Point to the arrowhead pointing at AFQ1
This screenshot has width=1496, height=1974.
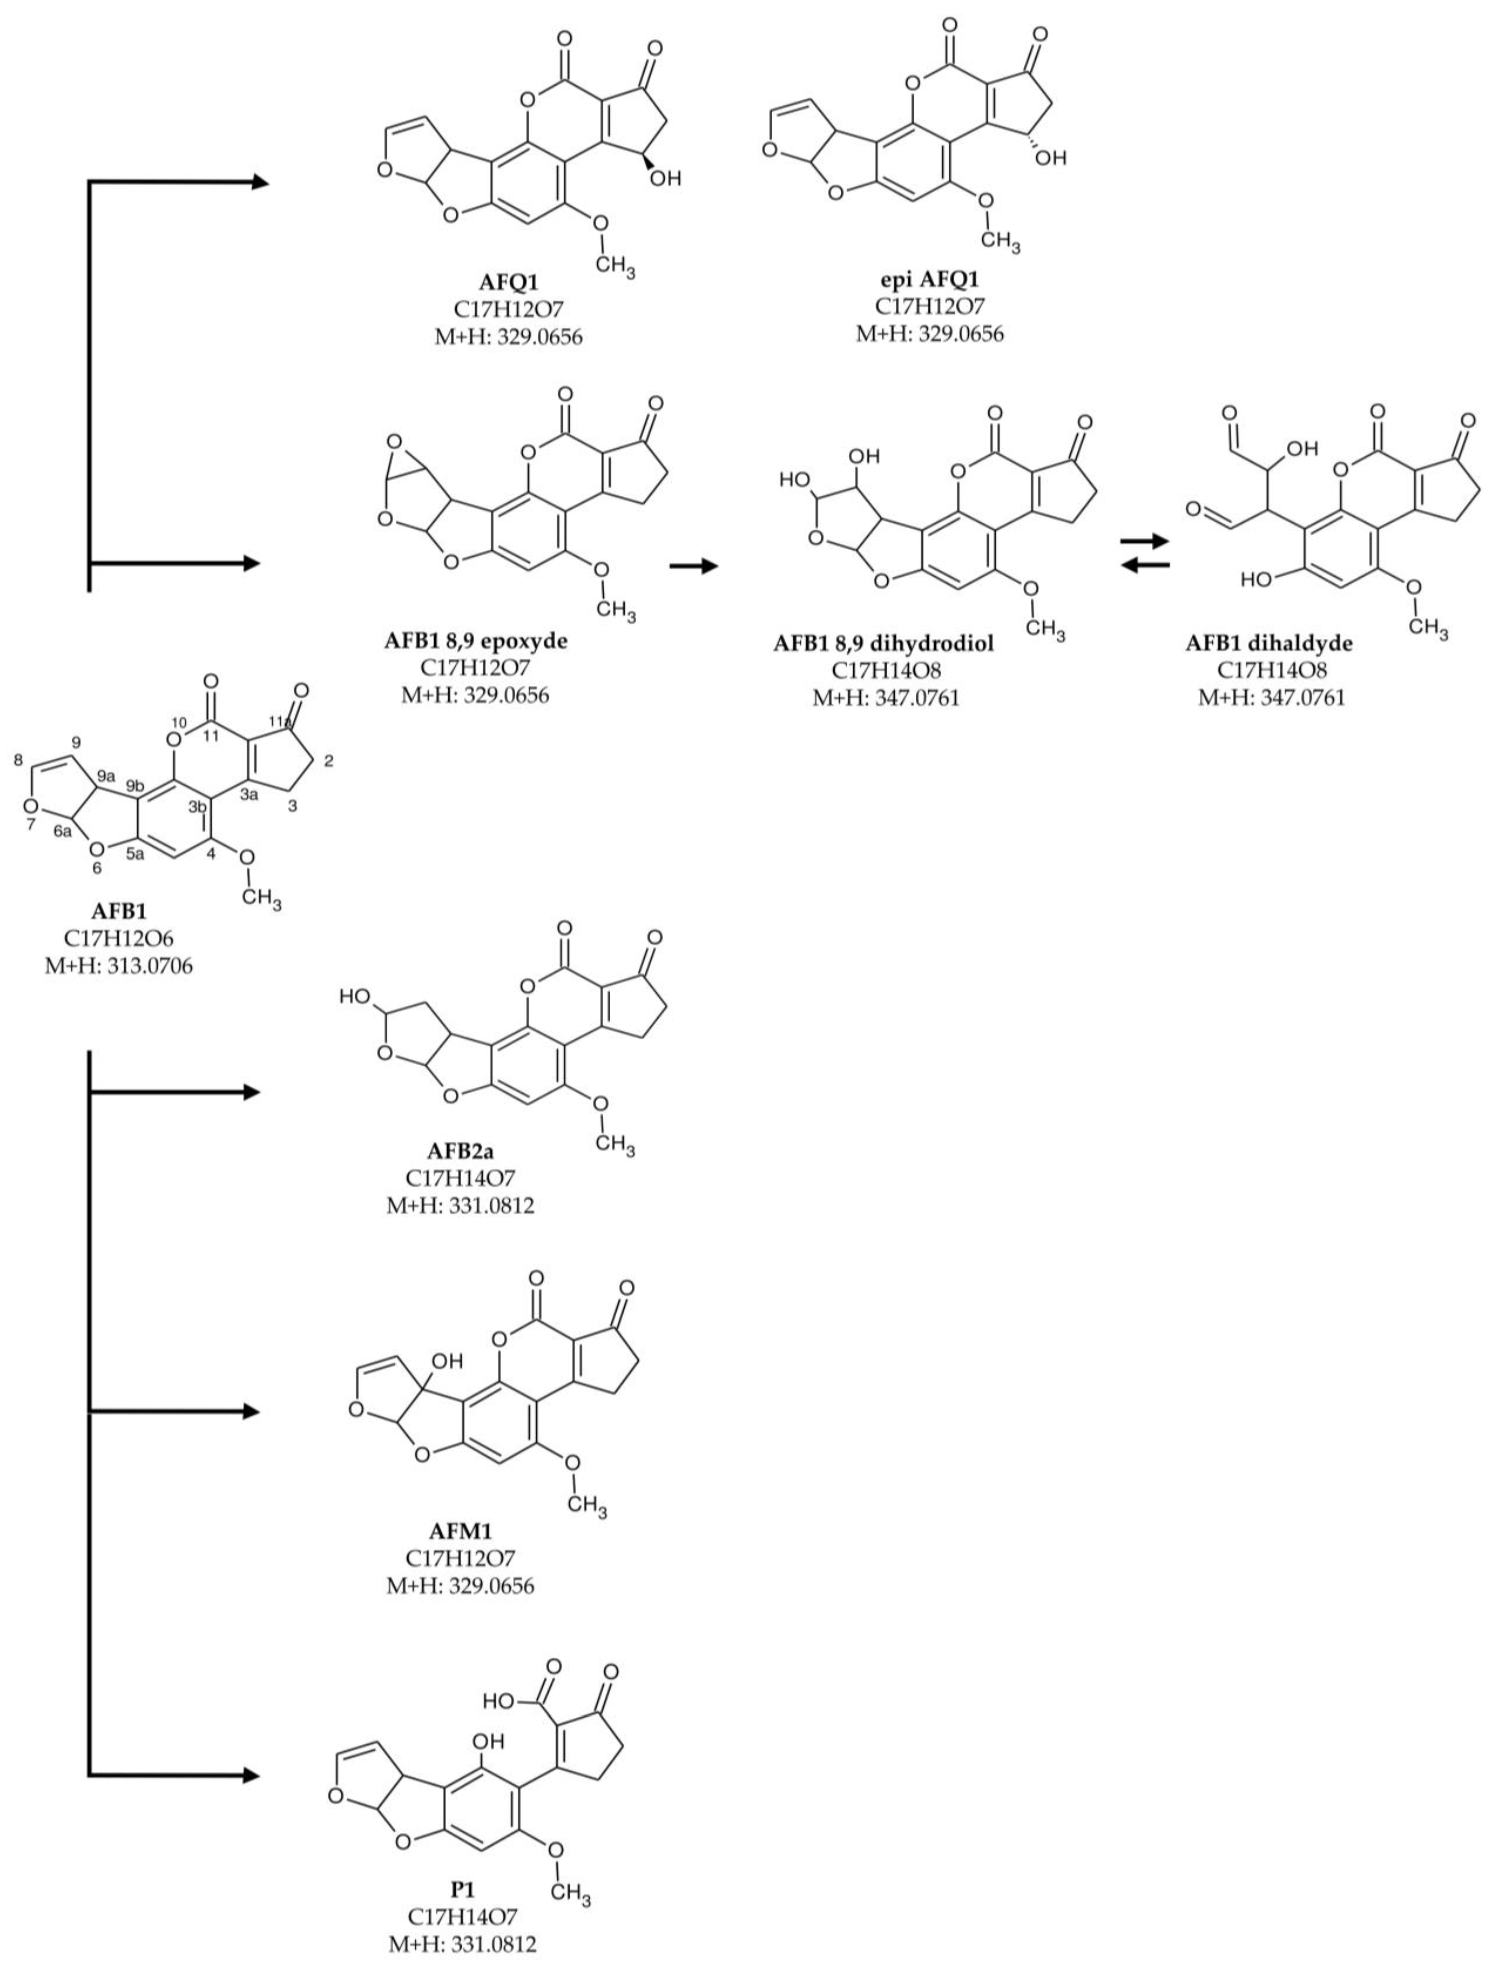[259, 182]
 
